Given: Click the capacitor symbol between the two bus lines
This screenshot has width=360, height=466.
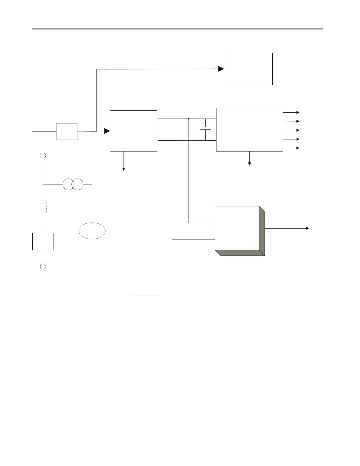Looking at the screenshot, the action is [x=205, y=129].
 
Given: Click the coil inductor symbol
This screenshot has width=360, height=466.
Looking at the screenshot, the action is [x=45, y=206].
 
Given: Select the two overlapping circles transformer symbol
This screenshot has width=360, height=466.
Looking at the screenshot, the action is [x=73, y=184].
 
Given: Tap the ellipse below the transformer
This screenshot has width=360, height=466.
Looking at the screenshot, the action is [x=92, y=231].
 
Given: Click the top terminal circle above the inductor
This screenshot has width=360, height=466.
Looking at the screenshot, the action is [x=43, y=156].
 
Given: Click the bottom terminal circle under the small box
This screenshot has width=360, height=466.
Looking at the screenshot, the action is [x=43, y=267].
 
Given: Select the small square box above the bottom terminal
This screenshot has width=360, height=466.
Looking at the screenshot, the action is [x=43, y=242].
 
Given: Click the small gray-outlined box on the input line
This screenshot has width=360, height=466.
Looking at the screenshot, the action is [x=67, y=132].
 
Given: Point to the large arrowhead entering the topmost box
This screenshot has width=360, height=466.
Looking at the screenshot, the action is [x=221, y=69].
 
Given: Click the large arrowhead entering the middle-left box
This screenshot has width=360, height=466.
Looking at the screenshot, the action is [x=107, y=131].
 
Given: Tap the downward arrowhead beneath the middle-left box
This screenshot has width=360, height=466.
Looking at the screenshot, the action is [x=124, y=169].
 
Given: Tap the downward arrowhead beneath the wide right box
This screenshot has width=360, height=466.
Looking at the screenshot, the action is [x=249, y=164].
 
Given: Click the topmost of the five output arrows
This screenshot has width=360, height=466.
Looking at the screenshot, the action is [x=298, y=112].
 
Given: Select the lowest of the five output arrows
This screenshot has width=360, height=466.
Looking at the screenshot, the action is [x=298, y=148].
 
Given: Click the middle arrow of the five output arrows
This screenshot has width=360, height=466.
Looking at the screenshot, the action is [x=298, y=130].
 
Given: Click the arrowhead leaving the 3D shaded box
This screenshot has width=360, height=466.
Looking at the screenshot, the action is [x=308, y=228].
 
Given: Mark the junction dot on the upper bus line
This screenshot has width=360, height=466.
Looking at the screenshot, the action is [x=189, y=119].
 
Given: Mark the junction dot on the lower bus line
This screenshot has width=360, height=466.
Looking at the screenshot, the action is [x=172, y=141].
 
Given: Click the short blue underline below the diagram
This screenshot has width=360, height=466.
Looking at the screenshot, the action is [x=145, y=295].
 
